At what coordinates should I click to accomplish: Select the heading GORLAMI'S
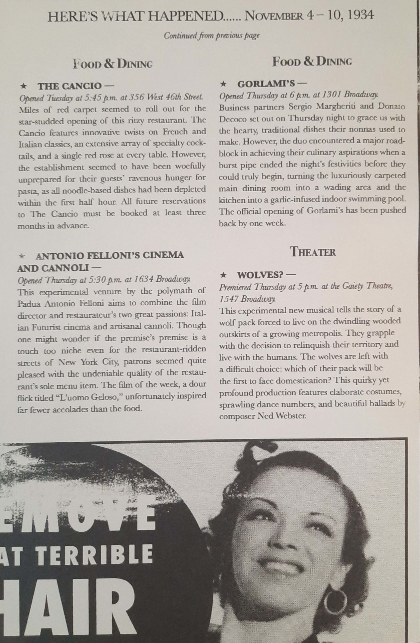point(266,84)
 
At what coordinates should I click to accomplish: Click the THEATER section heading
point(313,252)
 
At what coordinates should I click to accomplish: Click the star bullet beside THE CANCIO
point(24,86)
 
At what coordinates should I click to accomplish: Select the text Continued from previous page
point(212,35)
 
